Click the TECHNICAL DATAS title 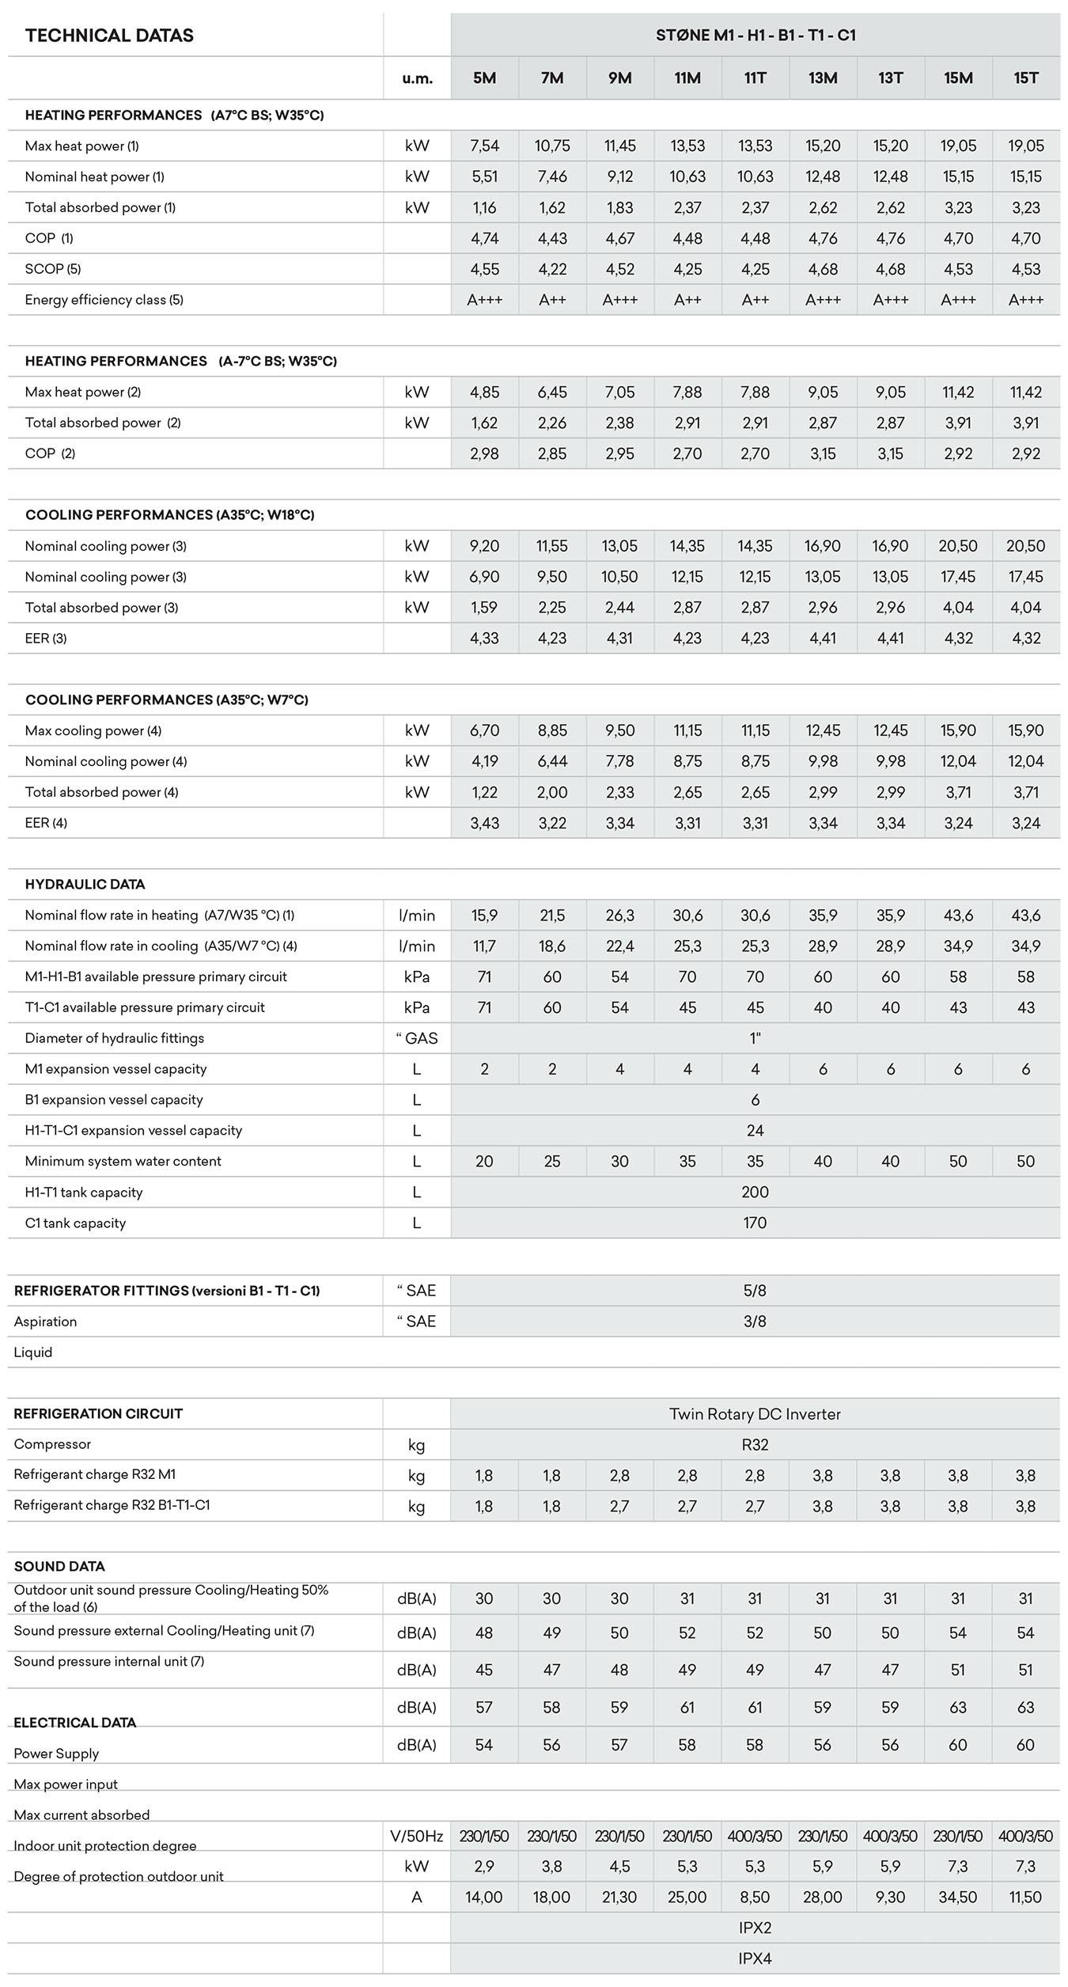[x=109, y=36]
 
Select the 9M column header [x=619, y=78]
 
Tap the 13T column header [x=890, y=78]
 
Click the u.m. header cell [x=417, y=78]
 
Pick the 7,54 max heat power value [x=484, y=146]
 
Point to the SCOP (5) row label [x=53, y=269]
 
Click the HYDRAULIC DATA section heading [x=85, y=884]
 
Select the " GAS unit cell [x=417, y=1038]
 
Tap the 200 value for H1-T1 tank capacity [x=755, y=1192]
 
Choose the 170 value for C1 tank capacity [x=755, y=1223]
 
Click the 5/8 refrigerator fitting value [x=755, y=1291]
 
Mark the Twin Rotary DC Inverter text [x=755, y=1413]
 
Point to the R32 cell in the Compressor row [x=755, y=1444]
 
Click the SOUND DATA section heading [x=59, y=1566]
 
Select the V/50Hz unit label [x=417, y=1836]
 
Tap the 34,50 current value [x=958, y=1897]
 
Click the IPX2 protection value [x=755, y=1928]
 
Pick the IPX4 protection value [x=755, y=1959]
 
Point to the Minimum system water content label [x=123, y=1161]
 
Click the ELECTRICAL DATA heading [x=75, y=1722]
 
